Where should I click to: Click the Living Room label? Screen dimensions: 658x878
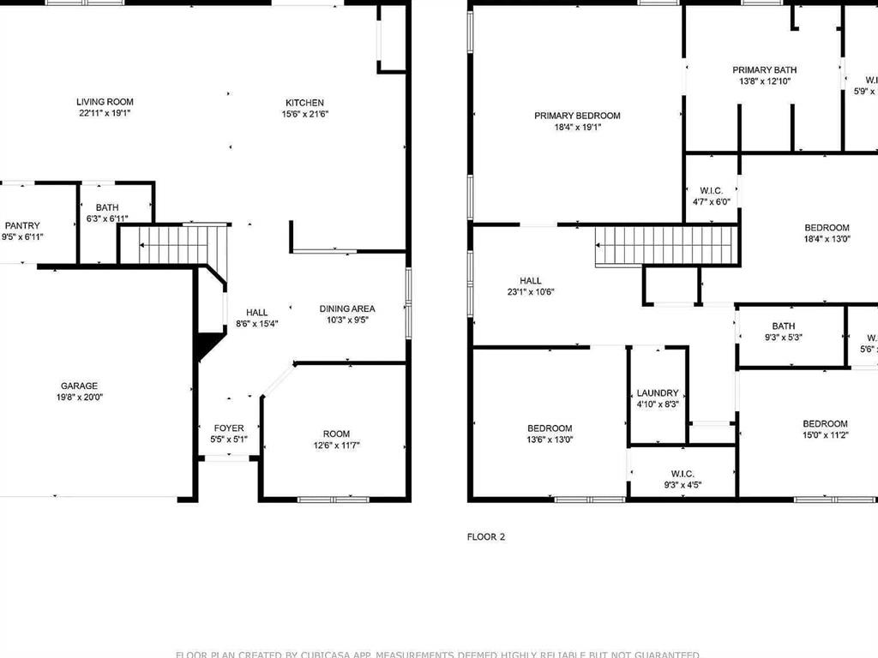(105, 102)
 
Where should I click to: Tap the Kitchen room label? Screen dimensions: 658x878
(304, 103)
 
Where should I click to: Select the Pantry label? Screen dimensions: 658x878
(22, 226)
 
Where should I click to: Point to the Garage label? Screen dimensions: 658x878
(79, 386)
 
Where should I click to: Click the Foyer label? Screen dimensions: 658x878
(229, 428)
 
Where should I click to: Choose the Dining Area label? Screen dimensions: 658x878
(347, 308)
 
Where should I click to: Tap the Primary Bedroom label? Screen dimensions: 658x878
(577, 116)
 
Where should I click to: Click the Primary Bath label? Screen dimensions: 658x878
(764, 70)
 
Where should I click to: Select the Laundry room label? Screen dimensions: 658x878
(658, 393)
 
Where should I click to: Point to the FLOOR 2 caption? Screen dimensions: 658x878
(486, 537)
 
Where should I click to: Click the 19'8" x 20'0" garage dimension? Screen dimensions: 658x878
(79, 398)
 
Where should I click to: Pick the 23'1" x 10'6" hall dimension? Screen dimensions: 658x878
(531, 292)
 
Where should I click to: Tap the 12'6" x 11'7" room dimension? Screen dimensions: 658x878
(336, 446)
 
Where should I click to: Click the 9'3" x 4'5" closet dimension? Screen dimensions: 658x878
(683, 485)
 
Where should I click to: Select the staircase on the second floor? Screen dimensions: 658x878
(666, 245)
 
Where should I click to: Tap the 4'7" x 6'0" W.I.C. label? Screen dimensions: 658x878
(712, 196)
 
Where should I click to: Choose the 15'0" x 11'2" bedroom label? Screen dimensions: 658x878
(825, 429)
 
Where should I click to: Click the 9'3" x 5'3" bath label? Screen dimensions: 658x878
(783, 332)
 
